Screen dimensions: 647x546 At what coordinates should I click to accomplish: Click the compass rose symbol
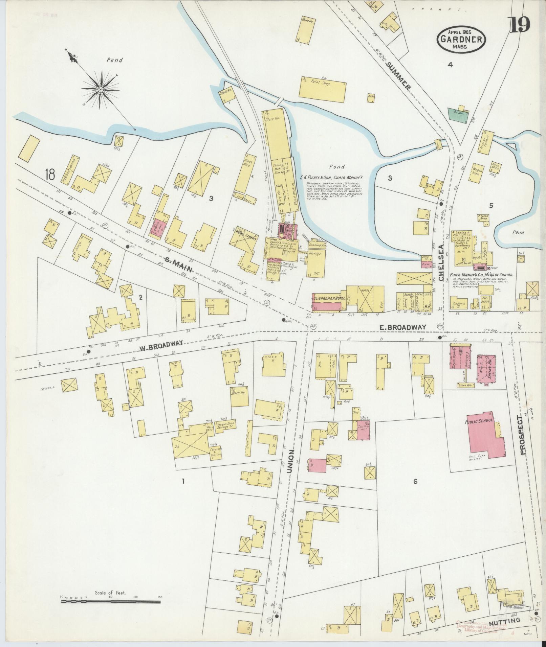tap(101, 89)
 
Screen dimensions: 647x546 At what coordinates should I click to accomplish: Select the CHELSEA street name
tap(440, 263)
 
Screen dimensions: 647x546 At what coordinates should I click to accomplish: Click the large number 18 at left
tap(50, 175)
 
